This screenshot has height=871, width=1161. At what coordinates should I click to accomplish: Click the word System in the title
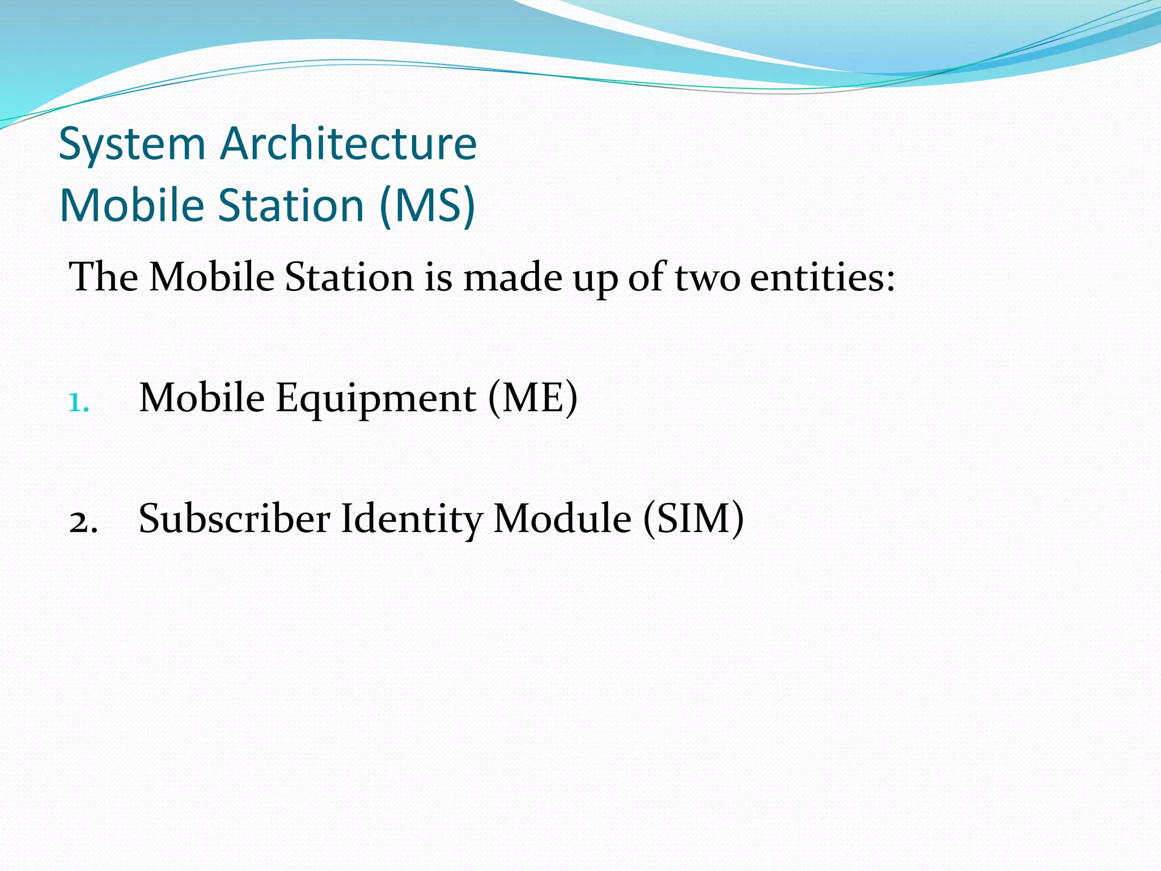tap(132, 145)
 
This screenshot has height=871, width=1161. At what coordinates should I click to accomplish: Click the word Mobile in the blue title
tap(132, 205)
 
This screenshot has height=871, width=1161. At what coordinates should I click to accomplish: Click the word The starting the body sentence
tap(103, 277)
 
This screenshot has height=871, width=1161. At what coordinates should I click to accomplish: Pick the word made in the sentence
tap(512, 277)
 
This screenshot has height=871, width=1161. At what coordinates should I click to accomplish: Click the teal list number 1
tap(78, 403)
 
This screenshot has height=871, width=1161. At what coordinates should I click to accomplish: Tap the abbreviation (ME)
tap(532, 398)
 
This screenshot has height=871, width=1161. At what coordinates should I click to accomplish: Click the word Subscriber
tap(234, 519)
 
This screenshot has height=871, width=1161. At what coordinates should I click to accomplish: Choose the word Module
tap(562, 519)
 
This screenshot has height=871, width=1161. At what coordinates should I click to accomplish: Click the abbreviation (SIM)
tap(693, 519)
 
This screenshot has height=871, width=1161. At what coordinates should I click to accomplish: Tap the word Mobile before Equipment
tap(202, 398)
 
